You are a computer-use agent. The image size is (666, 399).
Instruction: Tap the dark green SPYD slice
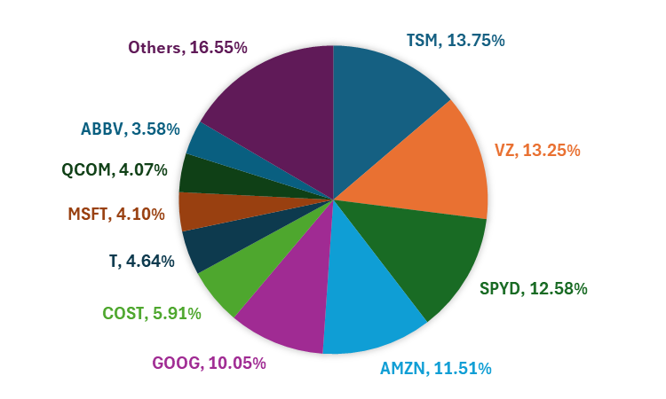[417, 253]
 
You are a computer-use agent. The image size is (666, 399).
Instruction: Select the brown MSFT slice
[200, 211]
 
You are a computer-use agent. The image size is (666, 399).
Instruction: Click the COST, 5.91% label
[152, 313]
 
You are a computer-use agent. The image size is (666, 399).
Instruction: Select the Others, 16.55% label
[186, 48]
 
